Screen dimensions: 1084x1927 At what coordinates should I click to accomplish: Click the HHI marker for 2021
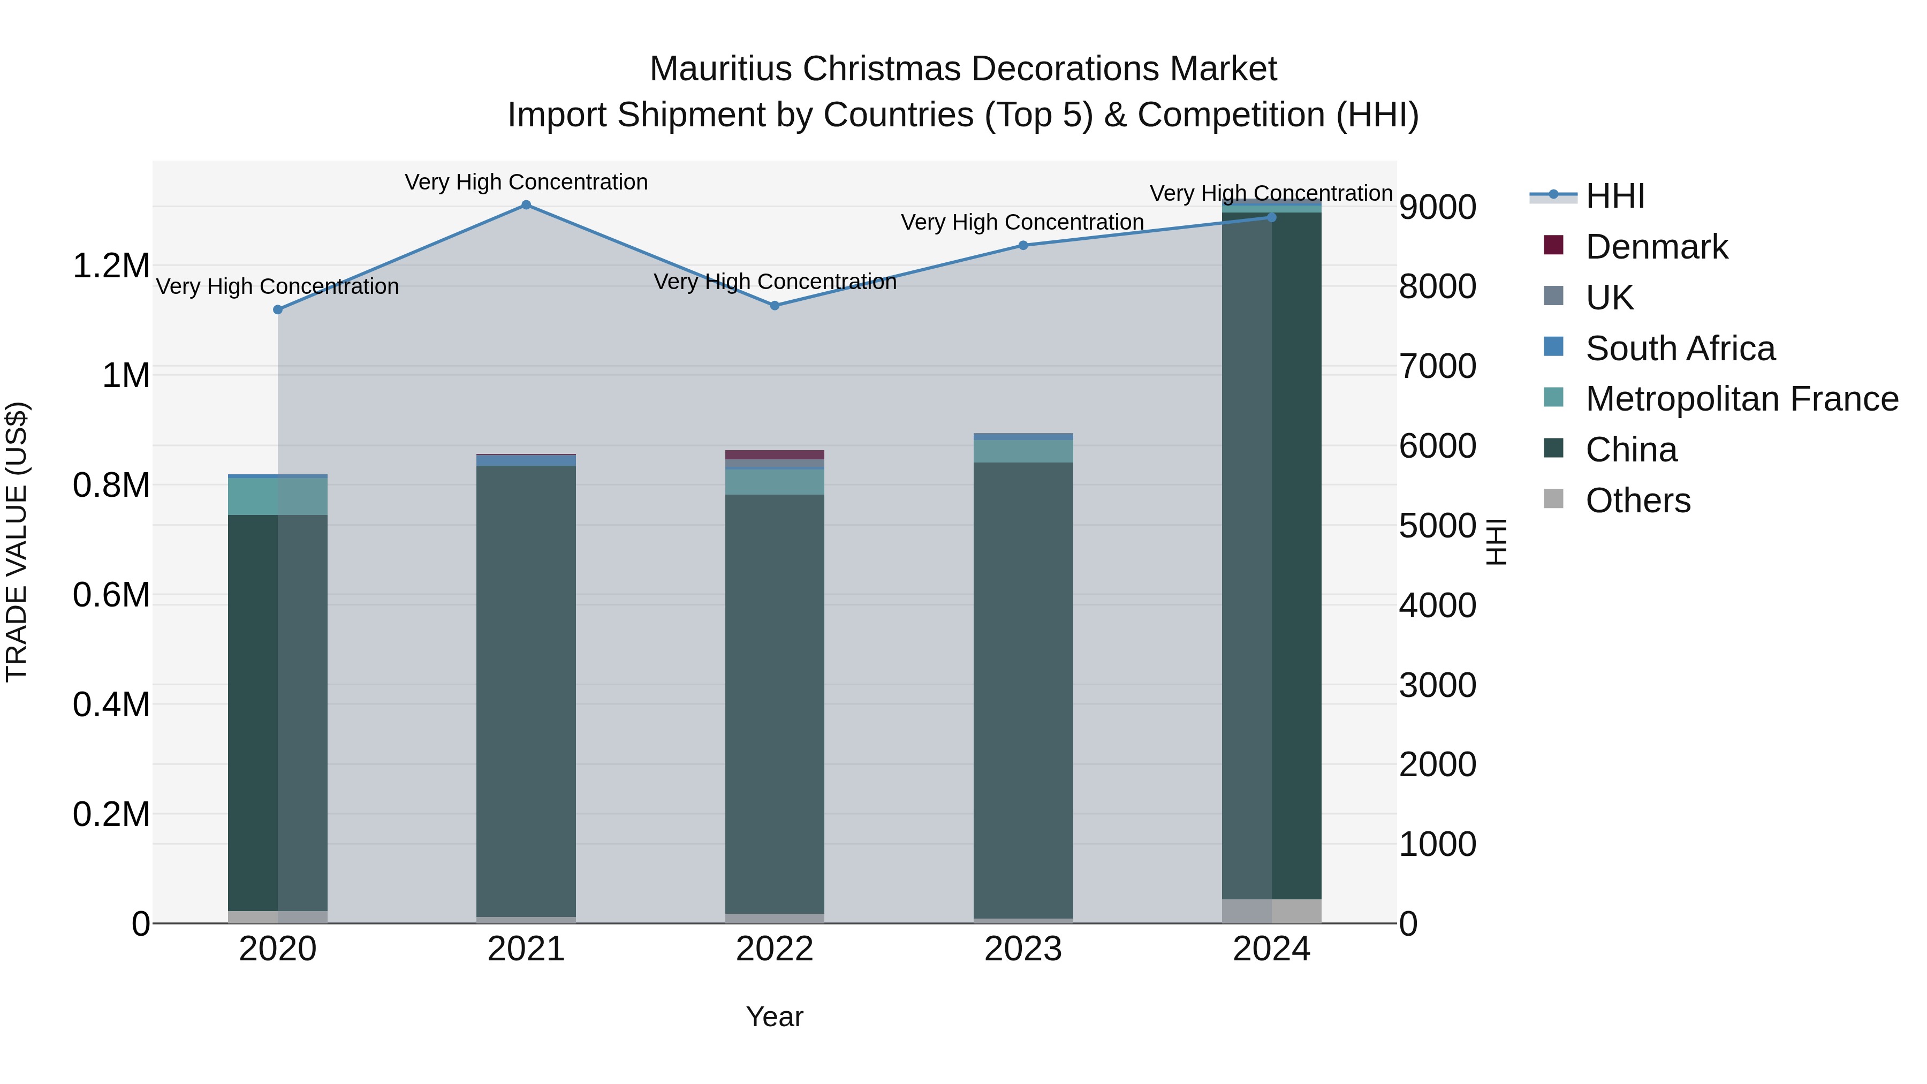pos(526,205)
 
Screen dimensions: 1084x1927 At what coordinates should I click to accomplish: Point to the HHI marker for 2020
pos(277,310)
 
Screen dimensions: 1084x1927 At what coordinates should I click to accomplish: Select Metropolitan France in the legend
pos(1741,399)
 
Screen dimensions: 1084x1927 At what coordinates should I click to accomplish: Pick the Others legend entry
pos(1637,501)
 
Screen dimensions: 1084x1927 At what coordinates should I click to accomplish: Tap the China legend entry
pos(1631,450)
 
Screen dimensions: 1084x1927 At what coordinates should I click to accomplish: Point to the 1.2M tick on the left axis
pos(111,267)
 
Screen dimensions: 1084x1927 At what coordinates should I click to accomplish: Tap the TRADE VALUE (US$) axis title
pos(17,542)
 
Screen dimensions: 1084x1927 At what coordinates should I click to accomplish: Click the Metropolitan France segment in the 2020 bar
pos(277,496)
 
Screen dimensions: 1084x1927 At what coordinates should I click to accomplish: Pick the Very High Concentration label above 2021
pos(526,183)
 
